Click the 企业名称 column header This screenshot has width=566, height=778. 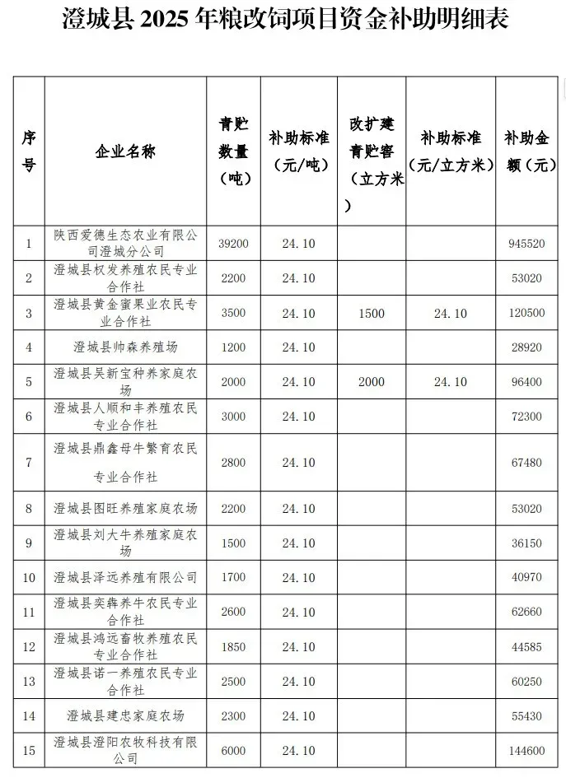pyautogui.click(x=125, y=151)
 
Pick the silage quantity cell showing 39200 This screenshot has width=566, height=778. pyautogui.click(x=233, y=244)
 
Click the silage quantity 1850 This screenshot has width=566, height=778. pyautogui.click(x=233, y=646)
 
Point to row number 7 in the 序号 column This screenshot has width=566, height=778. pyautogui.click(x=28, y=463)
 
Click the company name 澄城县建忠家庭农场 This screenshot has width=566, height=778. pyautogui.click(x=125, y=716)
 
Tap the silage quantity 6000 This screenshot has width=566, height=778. pyautogui.click(x=233, y=751)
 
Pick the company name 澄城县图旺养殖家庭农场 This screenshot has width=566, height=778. pyautogui.click(x=125, y=509)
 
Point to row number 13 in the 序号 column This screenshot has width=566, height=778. pyautogui.click(x=28, y=682)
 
